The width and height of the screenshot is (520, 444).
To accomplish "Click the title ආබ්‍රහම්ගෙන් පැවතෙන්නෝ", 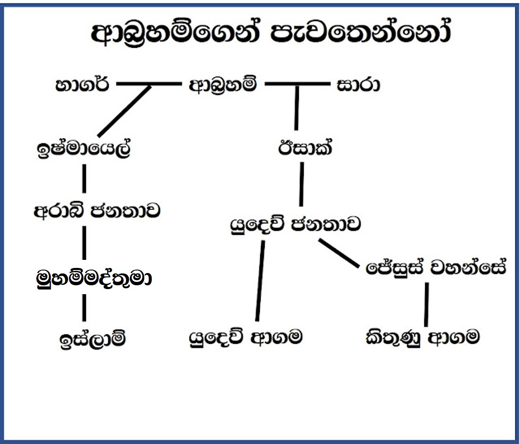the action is [x=271, y=33].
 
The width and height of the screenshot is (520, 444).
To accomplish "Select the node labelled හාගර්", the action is [x=82, y=85].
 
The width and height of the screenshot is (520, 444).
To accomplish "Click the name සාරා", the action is [x=358, y=85].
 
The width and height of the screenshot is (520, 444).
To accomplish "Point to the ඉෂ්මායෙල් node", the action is [x=84, y=149].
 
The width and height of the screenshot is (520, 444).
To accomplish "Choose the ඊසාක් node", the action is [x=305, y=148].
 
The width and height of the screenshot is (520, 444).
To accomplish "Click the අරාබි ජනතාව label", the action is [x=97, y=210].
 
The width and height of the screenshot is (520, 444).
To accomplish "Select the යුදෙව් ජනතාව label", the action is [x=295, y=224].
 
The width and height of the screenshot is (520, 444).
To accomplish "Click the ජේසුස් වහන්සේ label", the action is [x=436, y=268].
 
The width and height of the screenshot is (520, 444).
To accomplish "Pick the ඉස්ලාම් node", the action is [x=93, y=339].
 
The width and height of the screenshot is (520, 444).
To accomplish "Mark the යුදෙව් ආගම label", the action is [x=246, y=338].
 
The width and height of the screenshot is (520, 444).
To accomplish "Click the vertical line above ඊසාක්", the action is [x=297, y=108].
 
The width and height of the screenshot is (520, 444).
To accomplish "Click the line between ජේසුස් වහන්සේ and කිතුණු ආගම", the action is [x=426, y=304].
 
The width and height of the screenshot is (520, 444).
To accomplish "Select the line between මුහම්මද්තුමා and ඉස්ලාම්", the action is [x=84, y=308].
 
